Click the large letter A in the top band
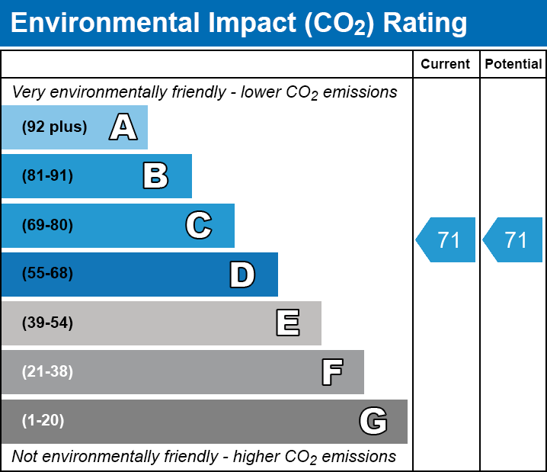pos(123,127)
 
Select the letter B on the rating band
pos(155,176)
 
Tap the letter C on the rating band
pos(199,225)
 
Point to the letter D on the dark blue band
pos(242,274)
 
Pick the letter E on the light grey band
pos(287,323)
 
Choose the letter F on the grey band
pos(331,372)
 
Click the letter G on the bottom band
pos(373,421)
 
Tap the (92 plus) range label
pos(54,127)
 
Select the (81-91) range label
pos(47,176)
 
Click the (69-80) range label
pos(47,225)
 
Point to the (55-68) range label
pos(47,274)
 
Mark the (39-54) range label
pos(47,323)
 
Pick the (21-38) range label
pos(47,372)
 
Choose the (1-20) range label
pos(43,421)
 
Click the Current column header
pos(446,65)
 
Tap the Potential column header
pos(513,65)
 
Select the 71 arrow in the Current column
pos(447,239)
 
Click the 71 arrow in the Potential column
pos(514,239)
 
